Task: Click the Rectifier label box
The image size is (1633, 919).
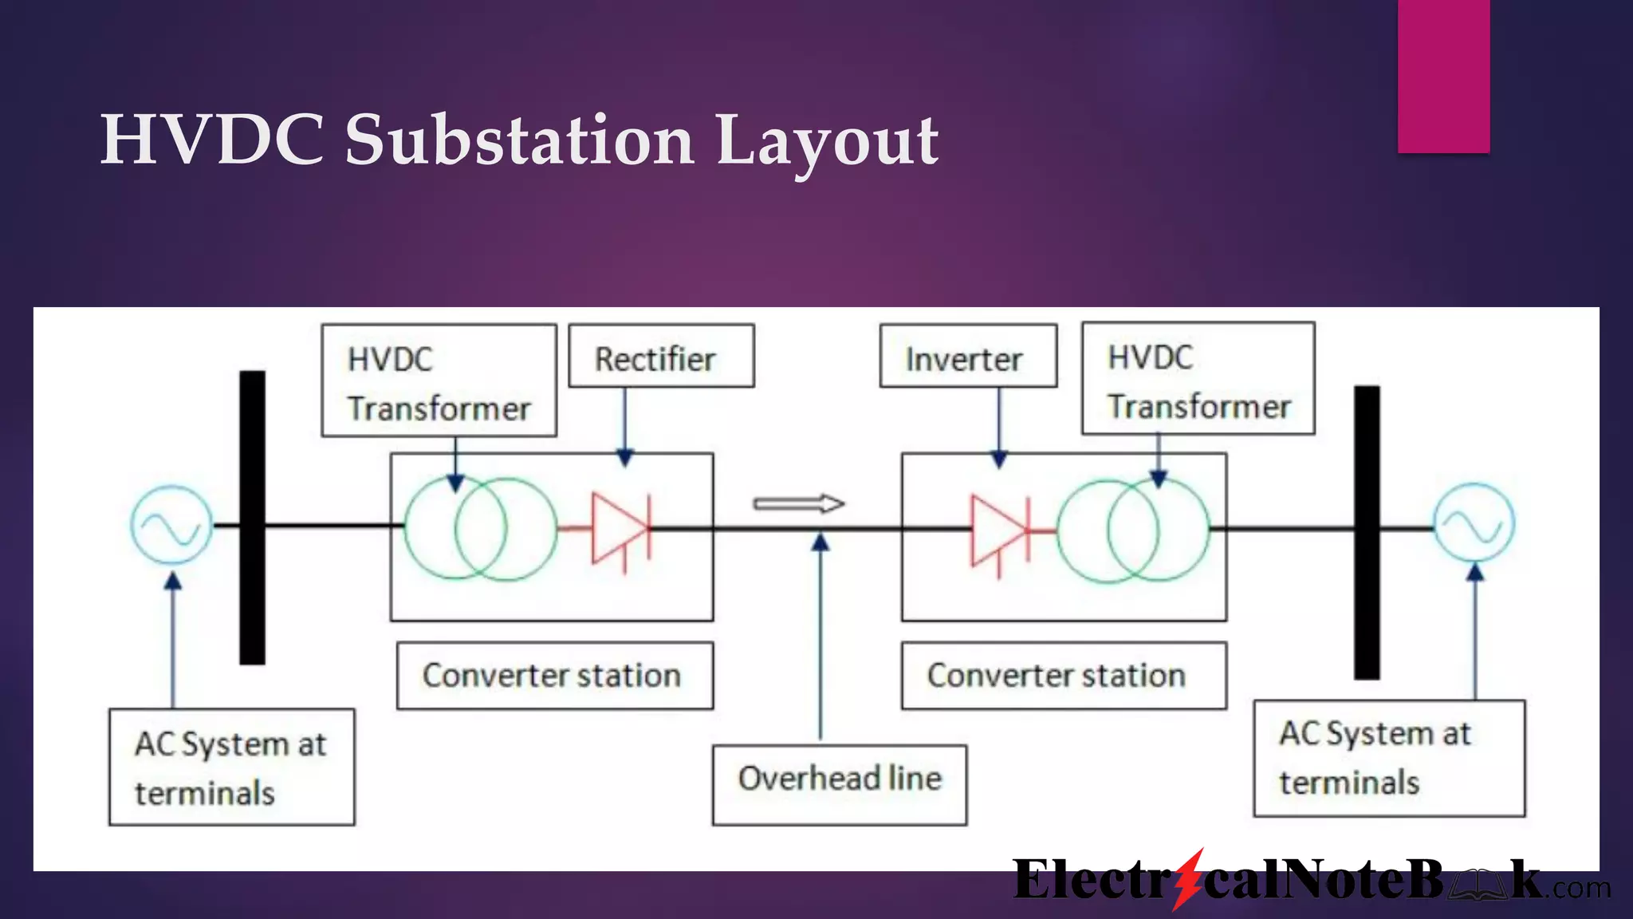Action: [661, 356]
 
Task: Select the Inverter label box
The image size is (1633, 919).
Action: [967, 357]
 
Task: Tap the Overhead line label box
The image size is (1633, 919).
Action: [839, 784]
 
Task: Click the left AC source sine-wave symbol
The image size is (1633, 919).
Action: [171, 526]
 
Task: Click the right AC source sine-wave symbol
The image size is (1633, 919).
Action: [1474, 523]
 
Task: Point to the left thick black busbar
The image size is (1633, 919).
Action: [252, 517]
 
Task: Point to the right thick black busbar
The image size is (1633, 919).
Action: [1367, 532]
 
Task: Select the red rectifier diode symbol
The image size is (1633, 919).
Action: [620, 528]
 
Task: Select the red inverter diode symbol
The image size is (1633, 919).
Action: [1000, 530]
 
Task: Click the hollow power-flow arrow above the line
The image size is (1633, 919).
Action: [798, 503]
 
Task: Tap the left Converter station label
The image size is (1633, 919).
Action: [554, 676]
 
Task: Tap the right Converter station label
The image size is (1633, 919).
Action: [1063, 676]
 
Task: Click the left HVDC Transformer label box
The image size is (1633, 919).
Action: [439, 381]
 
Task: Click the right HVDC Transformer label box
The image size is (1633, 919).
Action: [1198, 379]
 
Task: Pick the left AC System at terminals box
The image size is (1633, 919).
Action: [231, 767]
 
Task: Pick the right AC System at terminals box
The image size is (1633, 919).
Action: [1388, 758]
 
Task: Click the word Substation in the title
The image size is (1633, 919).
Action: [519, 140]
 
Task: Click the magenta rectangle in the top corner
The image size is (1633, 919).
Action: [1443, 76]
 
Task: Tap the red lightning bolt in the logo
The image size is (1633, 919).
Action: [1188, 878]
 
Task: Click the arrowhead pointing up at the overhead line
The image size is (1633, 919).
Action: [820, 542]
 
